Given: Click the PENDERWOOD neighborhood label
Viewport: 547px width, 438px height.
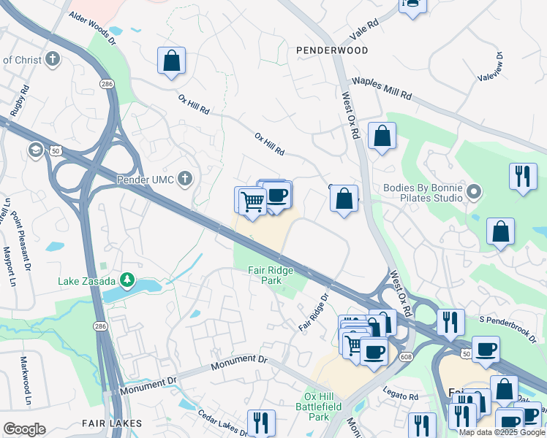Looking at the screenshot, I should click(x=332, y=50).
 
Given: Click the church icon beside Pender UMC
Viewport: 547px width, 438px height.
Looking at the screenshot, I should click(x=186, y=178).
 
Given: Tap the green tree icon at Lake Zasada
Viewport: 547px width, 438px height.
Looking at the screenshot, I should click(x=127, y=280).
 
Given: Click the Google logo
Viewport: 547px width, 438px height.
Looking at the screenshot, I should click(x=24, y=429).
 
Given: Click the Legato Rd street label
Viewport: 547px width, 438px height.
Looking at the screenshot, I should click(x=402, y=396).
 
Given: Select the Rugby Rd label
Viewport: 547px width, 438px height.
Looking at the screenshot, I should click(x=19, y=101).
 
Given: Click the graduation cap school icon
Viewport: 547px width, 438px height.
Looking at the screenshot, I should click(x=35, y=150).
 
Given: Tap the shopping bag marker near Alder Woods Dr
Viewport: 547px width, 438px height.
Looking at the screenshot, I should click(x=171, y=61).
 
